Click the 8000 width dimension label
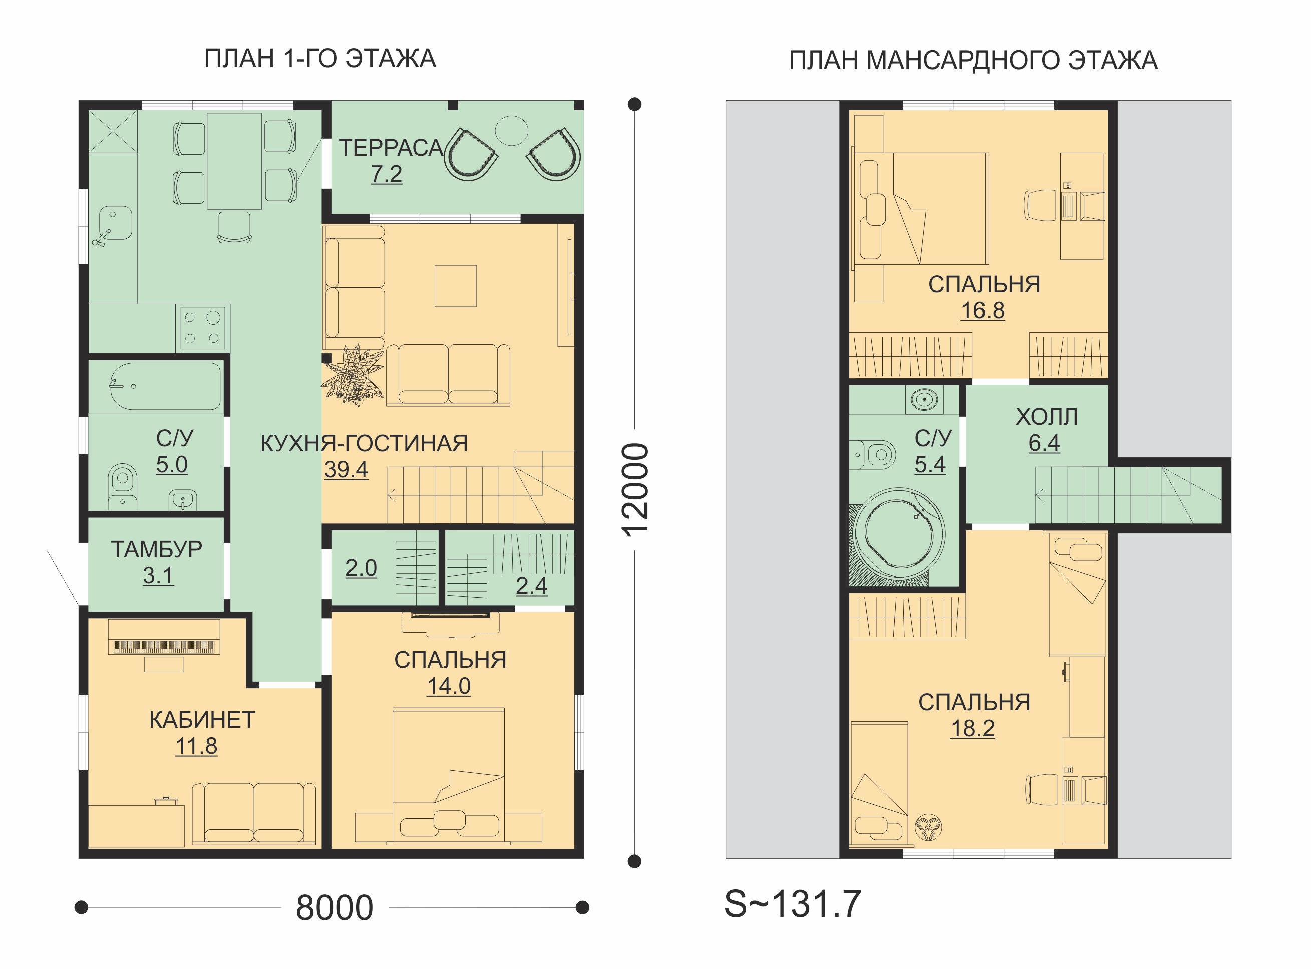click(335, 908)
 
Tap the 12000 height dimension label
click(635, 489)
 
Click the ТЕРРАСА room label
click(391, 148)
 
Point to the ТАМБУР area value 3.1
click(158, 575)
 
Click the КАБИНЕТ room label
click(202, 720)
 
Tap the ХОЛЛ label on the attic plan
click(1047, 417)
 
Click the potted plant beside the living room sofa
click(352, 374)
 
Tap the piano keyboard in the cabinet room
click(164, 647)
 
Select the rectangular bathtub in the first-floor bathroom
click(166, 387)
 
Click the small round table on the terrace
click(511, 130)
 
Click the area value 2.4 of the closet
click(531, 585)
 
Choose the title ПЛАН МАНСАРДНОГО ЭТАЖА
click(973, 61)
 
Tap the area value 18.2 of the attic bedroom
click(972, 728)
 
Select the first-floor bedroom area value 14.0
click(449, 686)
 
